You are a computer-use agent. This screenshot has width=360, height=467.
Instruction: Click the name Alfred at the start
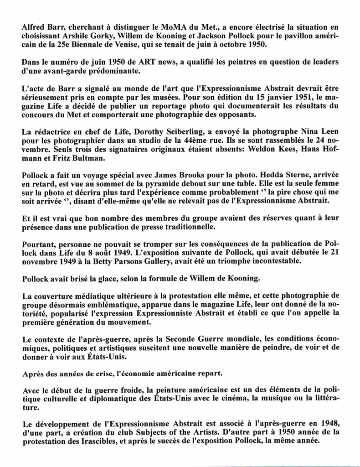tap(33, 27)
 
